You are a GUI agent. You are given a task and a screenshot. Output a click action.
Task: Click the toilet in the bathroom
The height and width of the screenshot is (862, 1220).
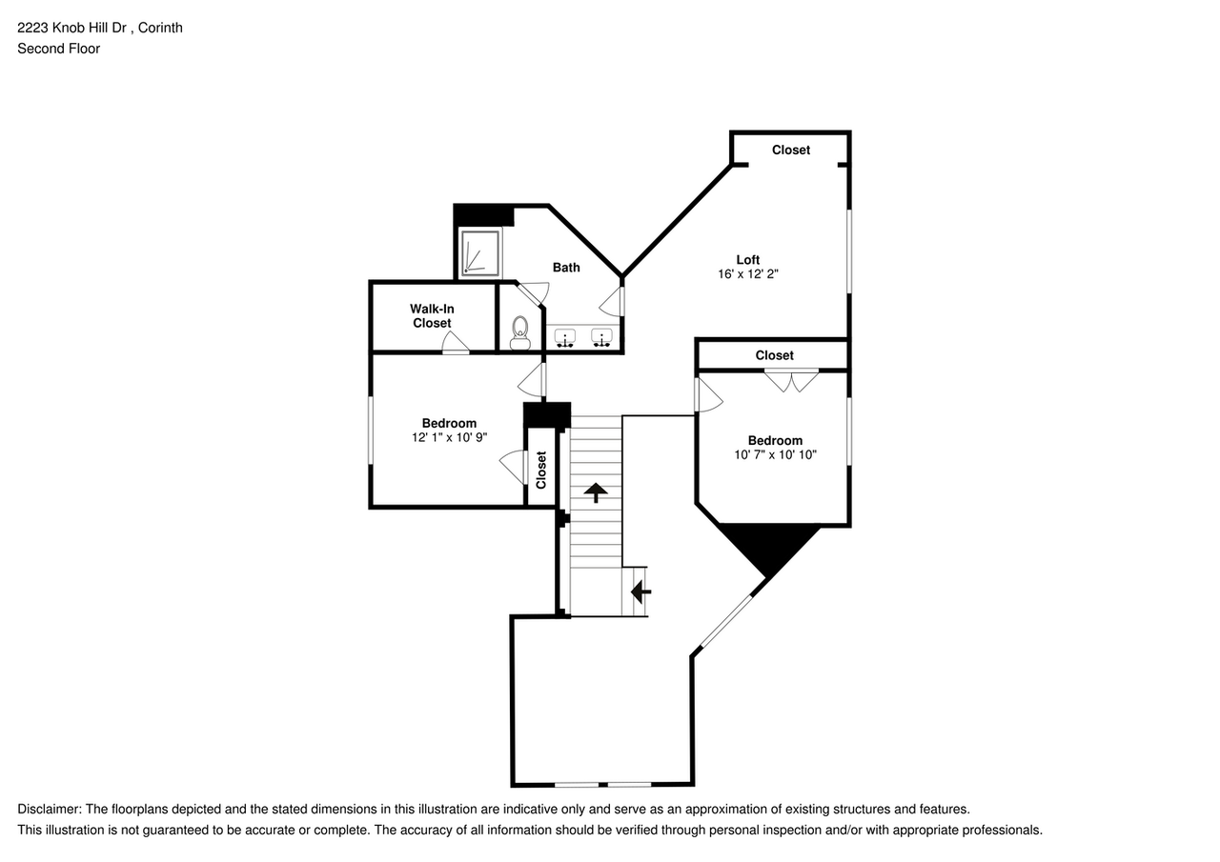[x=520, y=332]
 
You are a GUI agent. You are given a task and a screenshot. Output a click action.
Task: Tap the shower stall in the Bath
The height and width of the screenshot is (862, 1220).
[x=479, y=252]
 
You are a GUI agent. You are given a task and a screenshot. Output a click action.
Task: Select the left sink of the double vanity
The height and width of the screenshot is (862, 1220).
[x=565, y=337]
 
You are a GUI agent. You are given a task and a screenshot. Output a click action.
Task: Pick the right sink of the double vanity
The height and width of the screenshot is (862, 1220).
[x=601, y=337]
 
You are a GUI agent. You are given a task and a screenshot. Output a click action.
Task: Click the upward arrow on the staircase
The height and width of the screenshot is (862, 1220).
[x=596, y=492]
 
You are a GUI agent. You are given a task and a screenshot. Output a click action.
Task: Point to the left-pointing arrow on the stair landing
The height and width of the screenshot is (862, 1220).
[x=640, y=591]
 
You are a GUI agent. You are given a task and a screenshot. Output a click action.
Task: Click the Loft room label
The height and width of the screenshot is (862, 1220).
[x=748, y=260]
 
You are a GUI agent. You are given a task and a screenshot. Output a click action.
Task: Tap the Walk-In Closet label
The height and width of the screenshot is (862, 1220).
[x=432, y=315]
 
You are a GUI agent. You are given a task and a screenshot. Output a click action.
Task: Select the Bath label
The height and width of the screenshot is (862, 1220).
[x=566, y=268]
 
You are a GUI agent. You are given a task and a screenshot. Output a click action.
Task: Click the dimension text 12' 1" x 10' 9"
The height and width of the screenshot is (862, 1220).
[x=449, y=437]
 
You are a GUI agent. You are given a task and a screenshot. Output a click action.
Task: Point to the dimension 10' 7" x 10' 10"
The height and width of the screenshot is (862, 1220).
[x=775, y=454]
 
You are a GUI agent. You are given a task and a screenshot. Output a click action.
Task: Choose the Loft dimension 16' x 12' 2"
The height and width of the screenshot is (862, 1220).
[x=748, y=273]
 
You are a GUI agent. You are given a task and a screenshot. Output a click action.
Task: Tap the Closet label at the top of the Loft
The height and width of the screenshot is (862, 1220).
[x=791, y=150]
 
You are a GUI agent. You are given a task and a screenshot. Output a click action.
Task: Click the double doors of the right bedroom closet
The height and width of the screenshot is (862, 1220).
[x=791, y=380]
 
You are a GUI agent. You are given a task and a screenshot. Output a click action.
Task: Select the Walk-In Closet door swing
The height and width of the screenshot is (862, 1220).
[x=456, y=343]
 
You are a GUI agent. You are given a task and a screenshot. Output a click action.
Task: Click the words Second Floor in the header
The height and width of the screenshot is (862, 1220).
[x=59, y=49]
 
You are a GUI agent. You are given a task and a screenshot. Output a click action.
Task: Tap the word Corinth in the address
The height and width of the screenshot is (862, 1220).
[x=160, y=28]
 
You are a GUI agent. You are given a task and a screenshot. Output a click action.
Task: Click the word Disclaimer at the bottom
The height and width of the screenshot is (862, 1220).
[x=50, y=810]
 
